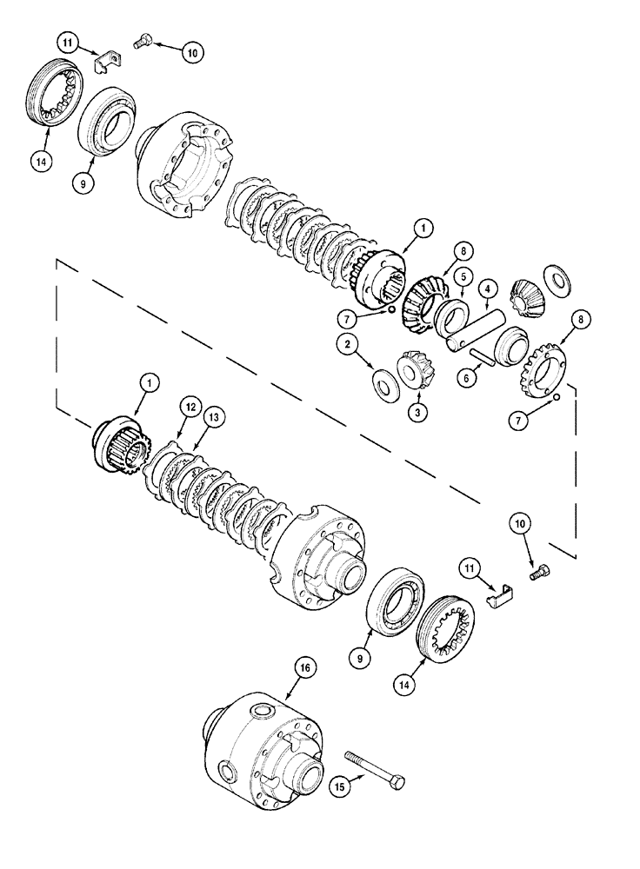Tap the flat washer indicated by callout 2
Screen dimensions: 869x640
[381, 381]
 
